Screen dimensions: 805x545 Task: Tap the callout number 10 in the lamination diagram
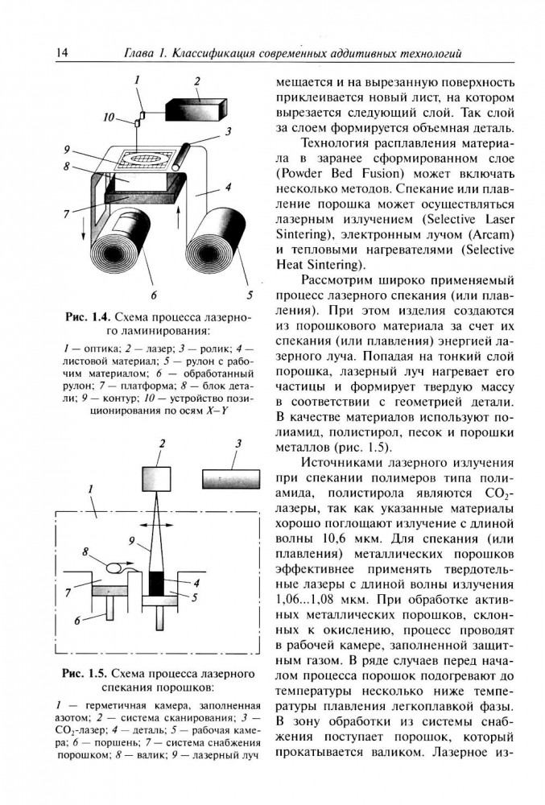[x=109, y=118]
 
